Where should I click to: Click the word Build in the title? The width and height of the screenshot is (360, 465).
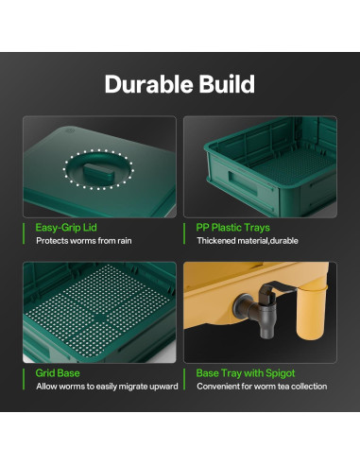225,85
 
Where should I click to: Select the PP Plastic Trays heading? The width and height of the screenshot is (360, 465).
233,228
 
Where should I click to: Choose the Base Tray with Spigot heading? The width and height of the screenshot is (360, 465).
245,373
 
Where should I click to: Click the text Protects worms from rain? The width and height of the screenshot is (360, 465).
84,241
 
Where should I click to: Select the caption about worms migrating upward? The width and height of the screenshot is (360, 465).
107,387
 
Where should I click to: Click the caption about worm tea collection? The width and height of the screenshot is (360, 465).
262,387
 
